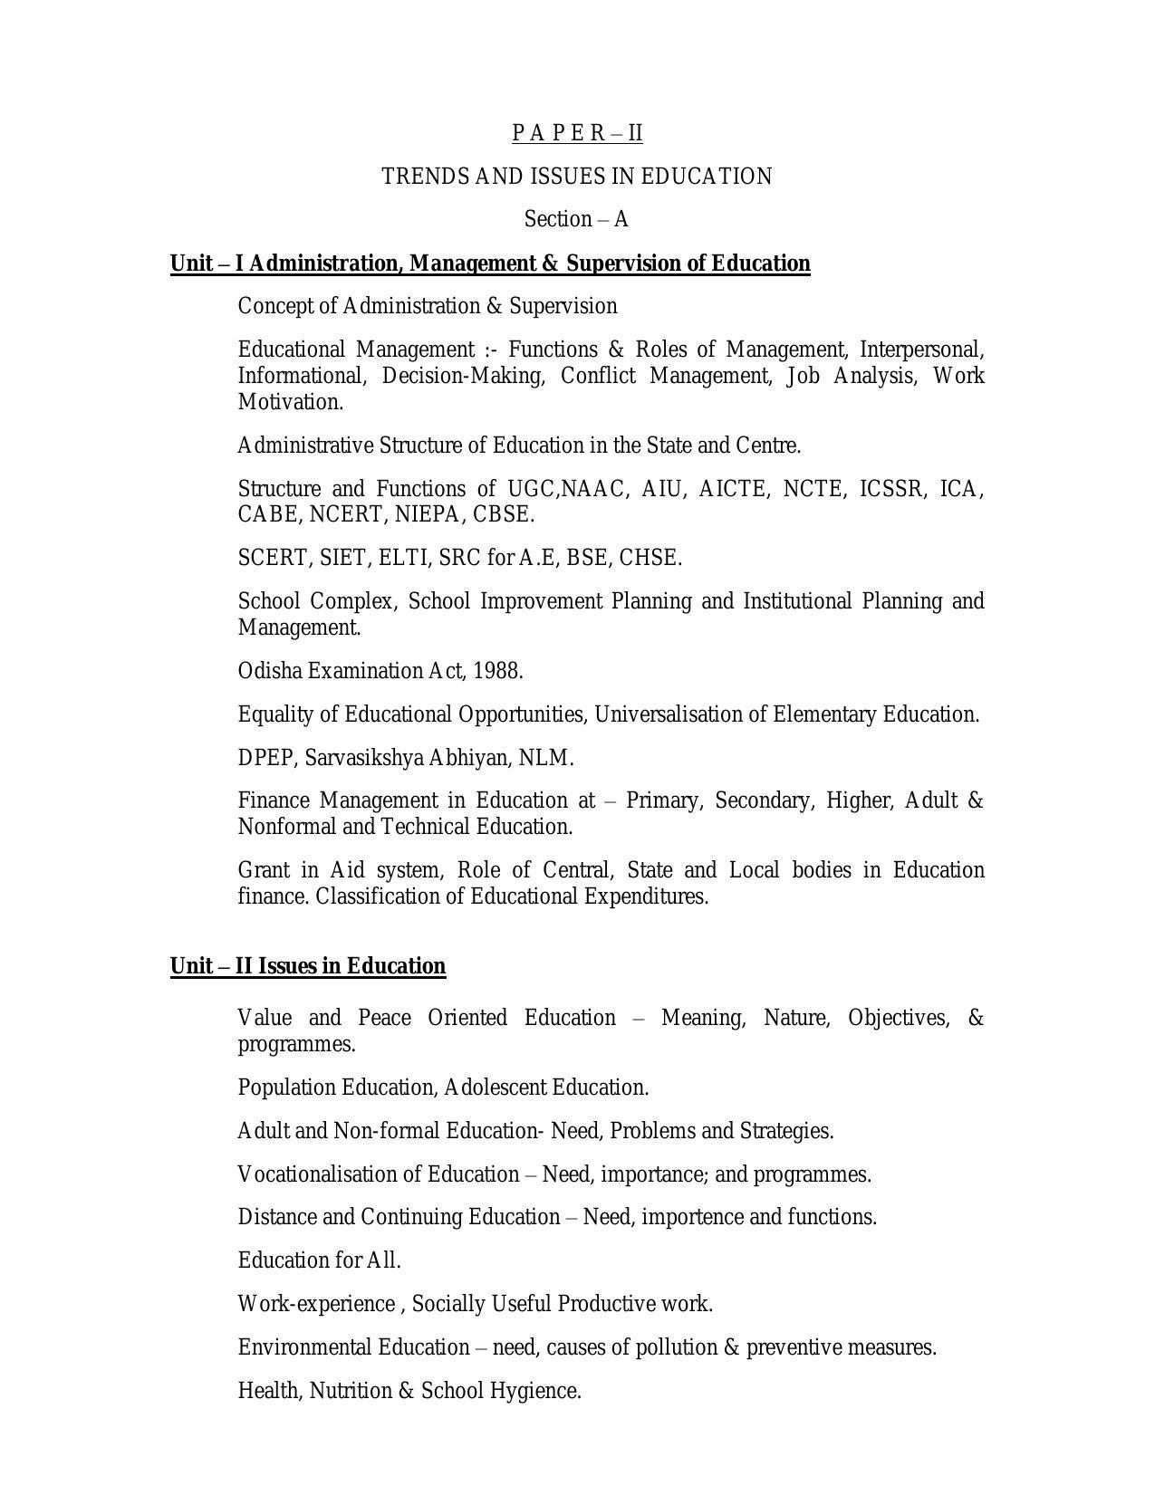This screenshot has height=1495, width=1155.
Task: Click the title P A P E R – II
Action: [x=577, y=133]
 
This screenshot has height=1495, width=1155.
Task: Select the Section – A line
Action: [x=576, y=219]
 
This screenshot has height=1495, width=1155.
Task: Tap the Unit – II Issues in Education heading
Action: [x=308, y=966]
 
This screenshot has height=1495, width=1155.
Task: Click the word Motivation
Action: [x=290, y=402]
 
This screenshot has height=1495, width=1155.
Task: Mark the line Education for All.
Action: [x=319, y=1260]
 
